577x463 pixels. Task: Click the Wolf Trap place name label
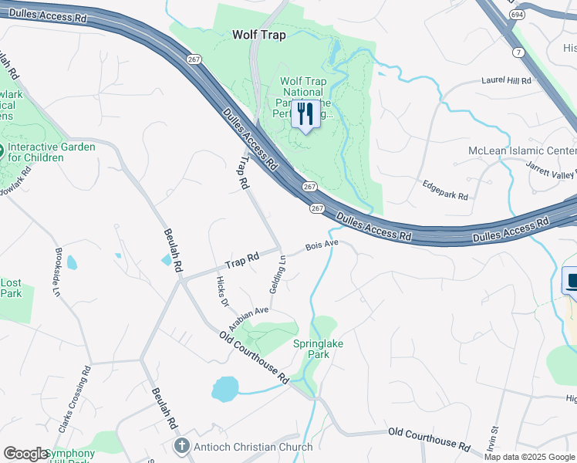pyautogui.click(x=259, y=35)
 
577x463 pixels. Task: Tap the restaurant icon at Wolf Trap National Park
pyautogui.click(x=305, y=115)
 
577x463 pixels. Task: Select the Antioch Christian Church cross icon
pyautogui.click(x=181, y=445)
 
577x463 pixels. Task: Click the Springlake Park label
pyautogui.click(x=312, y=349)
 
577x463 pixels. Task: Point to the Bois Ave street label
pyautogui.click(x=322, y=245)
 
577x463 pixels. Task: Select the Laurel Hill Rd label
pyautogui.click(x=506, y=80)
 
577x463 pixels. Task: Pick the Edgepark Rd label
pyautogui.click(x=445, y=191)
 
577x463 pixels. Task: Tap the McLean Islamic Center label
pyautogui.click(x=522, y=150)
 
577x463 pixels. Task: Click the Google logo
pyautogui.click(x=25, y=453)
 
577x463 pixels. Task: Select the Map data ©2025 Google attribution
pyautogui.click(x=528, y=457)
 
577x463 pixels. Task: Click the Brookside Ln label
pyautogui.click(x=57, y=272)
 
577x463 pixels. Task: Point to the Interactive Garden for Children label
pyautogui.click(x=52, y=152)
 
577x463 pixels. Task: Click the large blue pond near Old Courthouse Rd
pyautogui.click(x=225, y=389)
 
